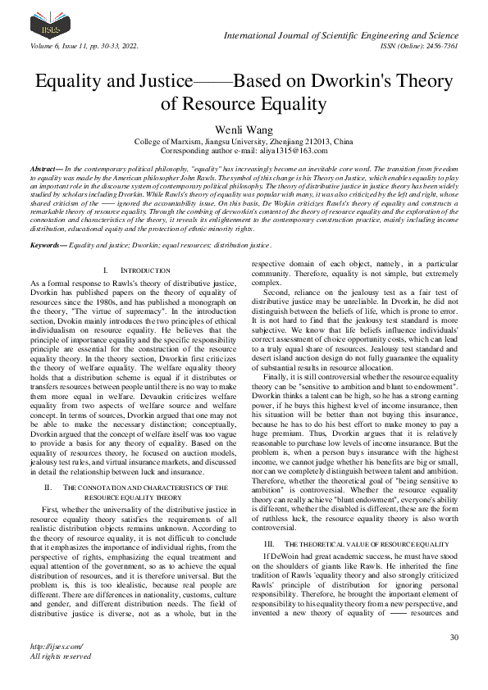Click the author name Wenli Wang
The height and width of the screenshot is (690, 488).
(244, 129)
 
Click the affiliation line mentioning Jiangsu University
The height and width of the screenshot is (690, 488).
(244, 142)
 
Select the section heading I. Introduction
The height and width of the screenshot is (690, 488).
(125, 270)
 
